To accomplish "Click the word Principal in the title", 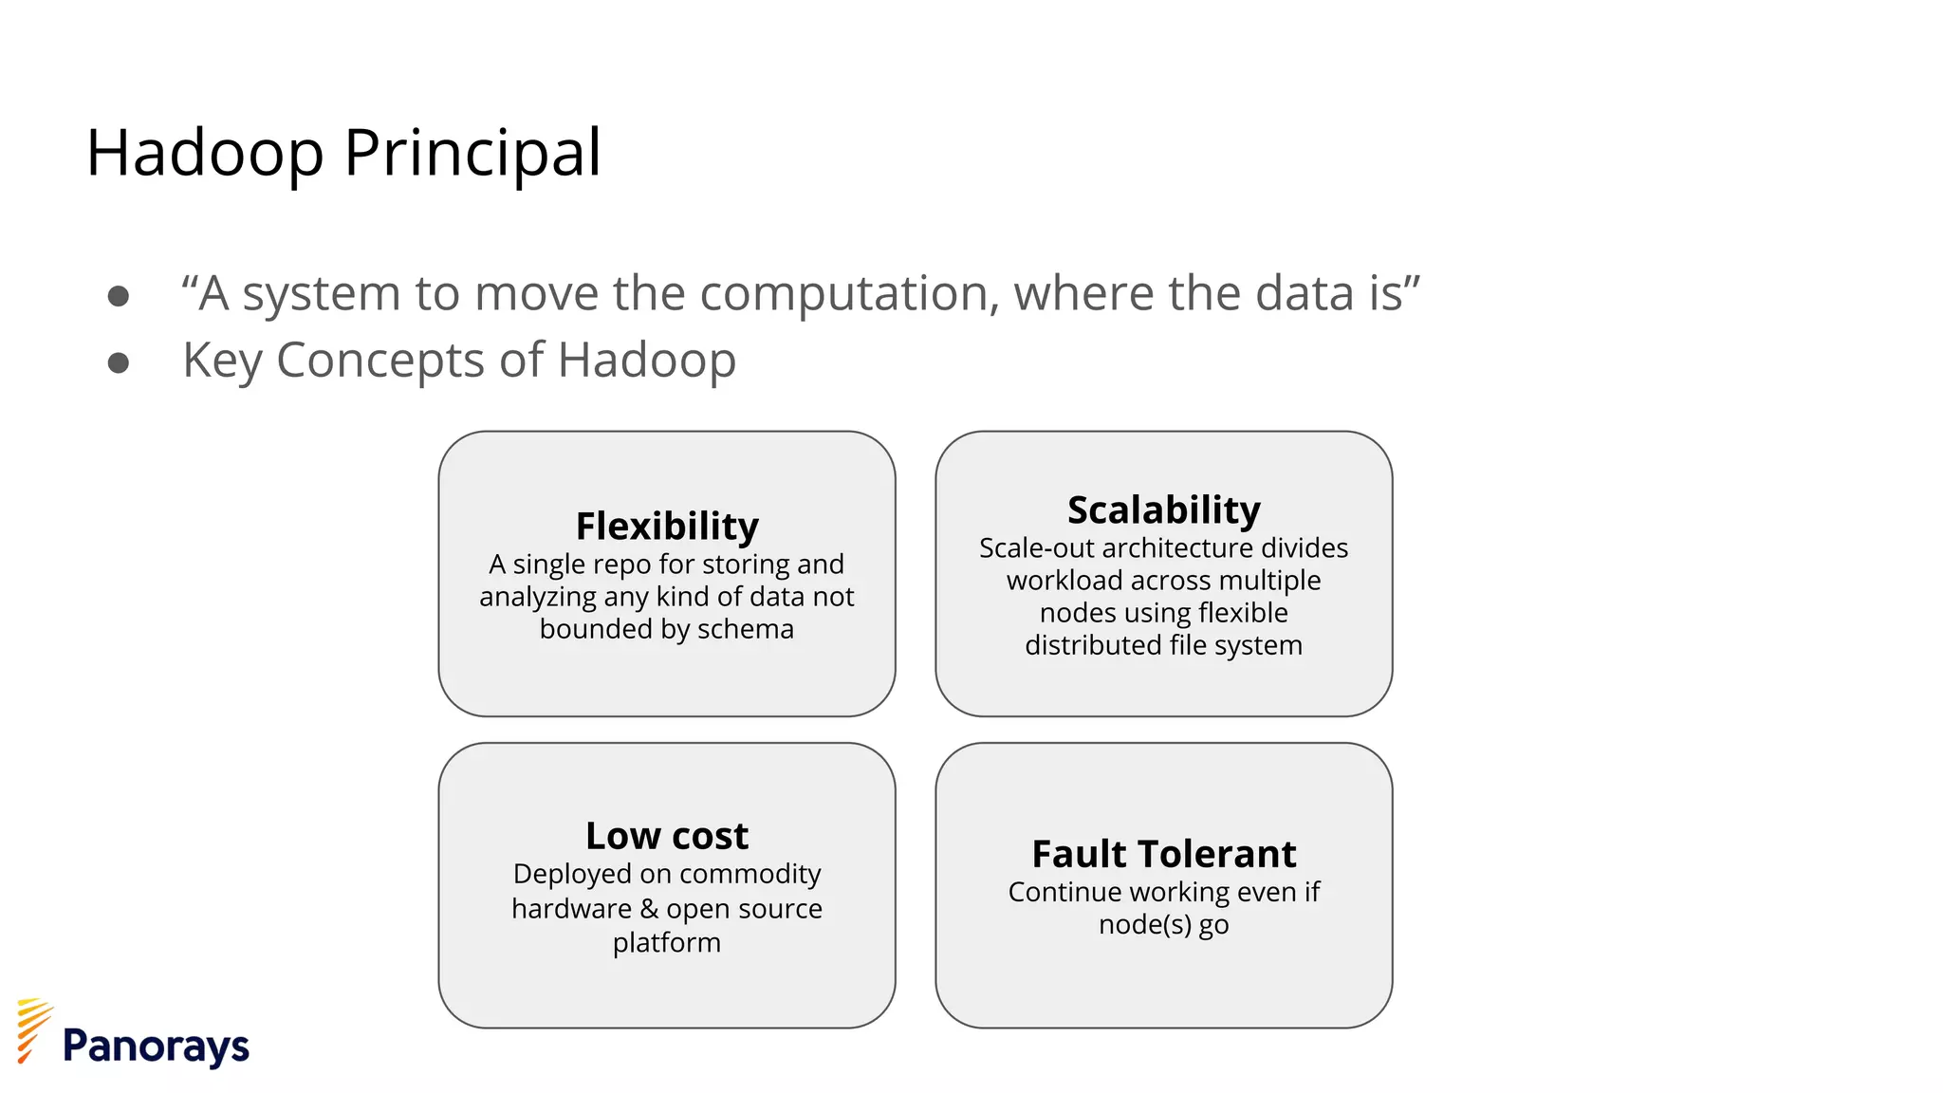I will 472,153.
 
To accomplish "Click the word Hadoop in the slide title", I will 205,153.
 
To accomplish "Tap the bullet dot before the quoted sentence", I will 119,297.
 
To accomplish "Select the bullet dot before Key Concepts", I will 119,363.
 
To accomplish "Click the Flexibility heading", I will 667,526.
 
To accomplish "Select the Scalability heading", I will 1163,509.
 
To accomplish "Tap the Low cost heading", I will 667,836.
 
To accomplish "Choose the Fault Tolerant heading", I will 1163,854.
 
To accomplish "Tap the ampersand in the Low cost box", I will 649,909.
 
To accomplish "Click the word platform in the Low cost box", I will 666,943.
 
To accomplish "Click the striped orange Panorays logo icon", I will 33,1029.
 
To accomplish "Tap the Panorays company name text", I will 156,1047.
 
